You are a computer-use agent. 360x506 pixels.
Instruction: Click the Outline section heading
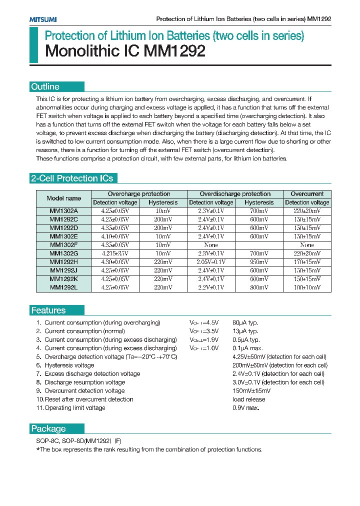(x=45, y=86)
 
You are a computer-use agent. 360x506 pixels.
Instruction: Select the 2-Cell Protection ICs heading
(x=72, y=178)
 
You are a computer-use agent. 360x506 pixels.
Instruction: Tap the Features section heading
(x=48, y=310)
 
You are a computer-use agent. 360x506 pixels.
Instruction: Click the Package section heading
(x=48, y=428)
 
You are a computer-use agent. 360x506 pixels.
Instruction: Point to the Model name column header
(x=63, y=198)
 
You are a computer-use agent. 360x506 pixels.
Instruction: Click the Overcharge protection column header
(x=138, y=194)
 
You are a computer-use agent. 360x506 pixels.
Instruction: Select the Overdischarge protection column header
(x=235, y=194)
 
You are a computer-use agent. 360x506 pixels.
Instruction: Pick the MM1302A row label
(x=63, y=211)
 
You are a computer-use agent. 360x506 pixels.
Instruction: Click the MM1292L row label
(x=63, y=287)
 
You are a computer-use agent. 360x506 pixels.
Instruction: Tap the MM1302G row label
(x=63, y=253)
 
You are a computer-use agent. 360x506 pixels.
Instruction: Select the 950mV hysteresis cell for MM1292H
(x=259, y=262)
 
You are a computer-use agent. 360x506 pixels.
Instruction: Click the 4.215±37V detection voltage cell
(x=115, y=253)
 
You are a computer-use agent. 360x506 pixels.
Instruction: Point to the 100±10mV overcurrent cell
(x=307, y=287)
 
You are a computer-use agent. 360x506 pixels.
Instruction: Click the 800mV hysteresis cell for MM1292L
(x=259, y=287)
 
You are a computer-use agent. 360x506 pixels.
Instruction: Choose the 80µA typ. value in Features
(x=245, y=322)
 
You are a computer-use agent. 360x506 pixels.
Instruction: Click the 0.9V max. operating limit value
(x=245, y=407)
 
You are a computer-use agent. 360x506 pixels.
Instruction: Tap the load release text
(x=248, y=399)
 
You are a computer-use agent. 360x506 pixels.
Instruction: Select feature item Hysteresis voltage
(x=69, y=365)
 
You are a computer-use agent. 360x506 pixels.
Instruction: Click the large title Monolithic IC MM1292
(x=125, y=51)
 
